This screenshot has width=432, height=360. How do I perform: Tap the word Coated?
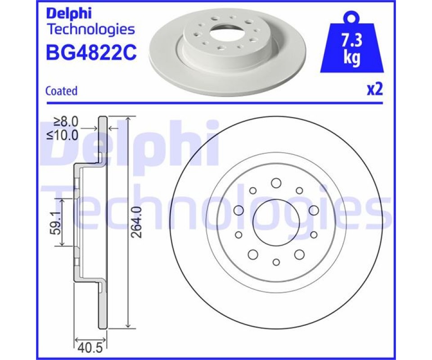(62, 91)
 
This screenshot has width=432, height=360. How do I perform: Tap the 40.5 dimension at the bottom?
(90, 347)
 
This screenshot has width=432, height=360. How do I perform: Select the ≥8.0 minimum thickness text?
(66, 121)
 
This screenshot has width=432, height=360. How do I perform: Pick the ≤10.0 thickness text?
(63, 135)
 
